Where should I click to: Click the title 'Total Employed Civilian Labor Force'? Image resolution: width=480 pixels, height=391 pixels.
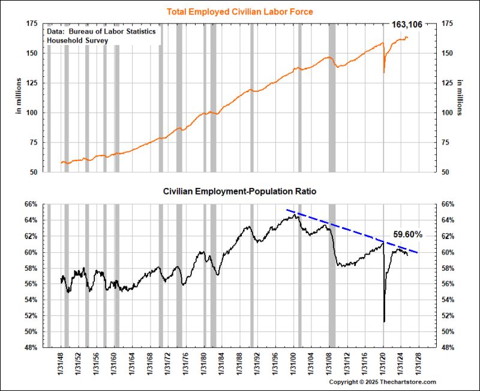[x=239, y=11]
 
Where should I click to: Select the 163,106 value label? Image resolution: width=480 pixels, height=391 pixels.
[x=407, y=25]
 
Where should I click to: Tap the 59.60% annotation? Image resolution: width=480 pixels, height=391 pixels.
[x=408, y=234]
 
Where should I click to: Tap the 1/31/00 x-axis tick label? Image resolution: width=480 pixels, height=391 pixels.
[x=295, y=364]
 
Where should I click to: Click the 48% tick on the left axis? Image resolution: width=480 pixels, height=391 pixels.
[x=31, y=347]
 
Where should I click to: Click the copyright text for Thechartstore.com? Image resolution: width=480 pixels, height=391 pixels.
[x=382, y=382]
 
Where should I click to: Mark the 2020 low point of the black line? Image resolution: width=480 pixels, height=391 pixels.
[x=384, y=321]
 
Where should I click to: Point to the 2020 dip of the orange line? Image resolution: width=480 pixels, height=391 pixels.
[x=384, y=73]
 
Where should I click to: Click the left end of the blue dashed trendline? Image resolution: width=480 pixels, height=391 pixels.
[x=287, y=210]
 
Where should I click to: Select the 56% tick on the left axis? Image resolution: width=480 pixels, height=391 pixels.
[x=31, y=283]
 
